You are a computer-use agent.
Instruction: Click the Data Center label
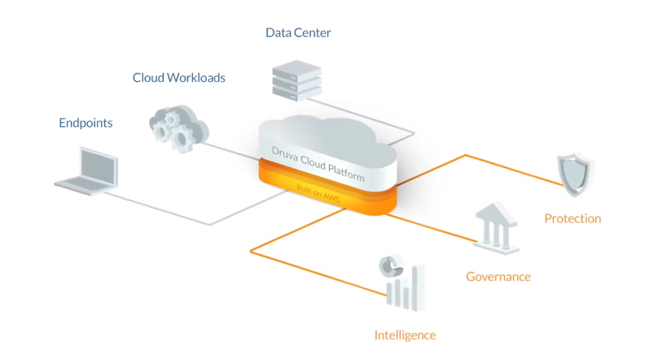(298, 32)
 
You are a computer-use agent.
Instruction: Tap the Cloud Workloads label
(178, 77)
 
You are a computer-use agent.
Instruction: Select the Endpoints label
(86, 123)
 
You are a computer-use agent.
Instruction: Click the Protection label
(572, 218)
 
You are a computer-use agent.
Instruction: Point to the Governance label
(498, 276)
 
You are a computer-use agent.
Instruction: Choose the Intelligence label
(405, 335)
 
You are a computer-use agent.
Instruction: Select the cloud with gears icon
(178, 128)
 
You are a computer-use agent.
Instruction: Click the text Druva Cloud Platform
(318, 163)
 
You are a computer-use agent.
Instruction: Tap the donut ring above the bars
(390, 264)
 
